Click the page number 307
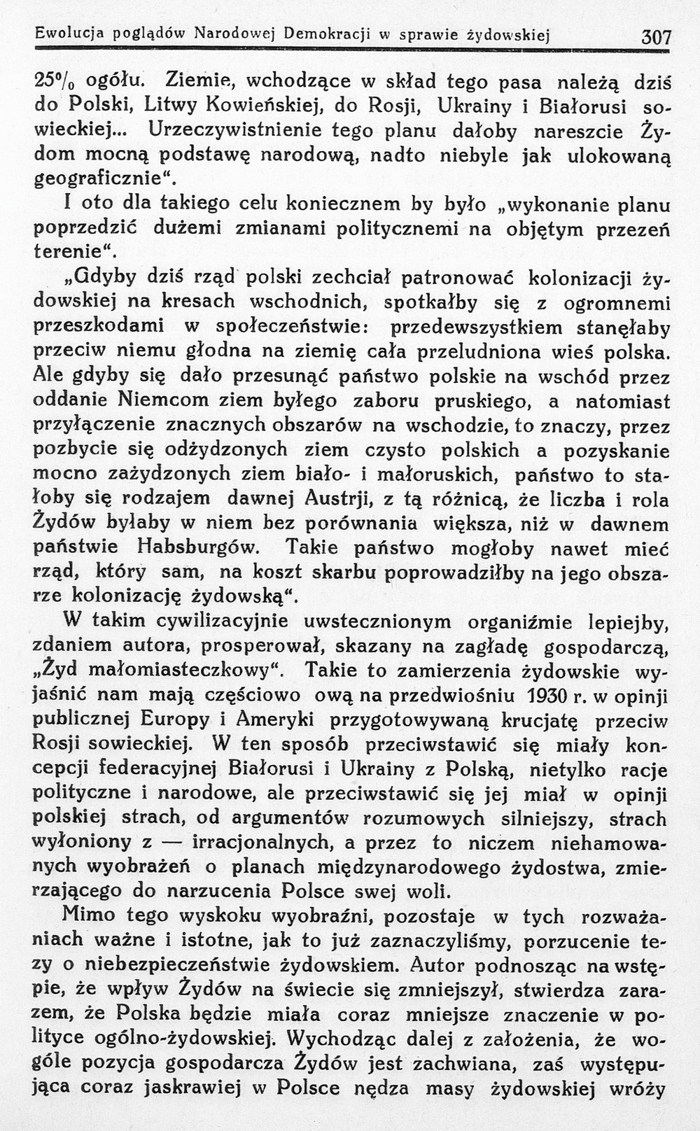657,36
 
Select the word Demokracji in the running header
328,32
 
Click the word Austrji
344,498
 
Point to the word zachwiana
467,1063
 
